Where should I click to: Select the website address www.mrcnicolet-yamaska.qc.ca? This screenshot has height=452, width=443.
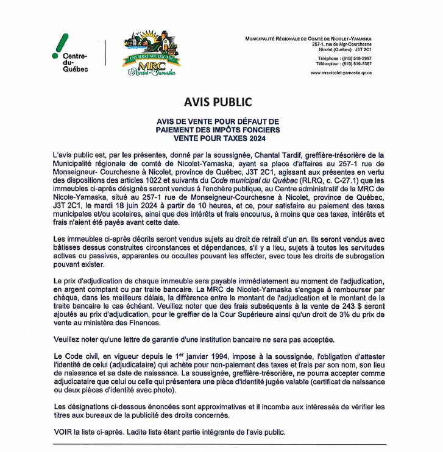click(341, 72)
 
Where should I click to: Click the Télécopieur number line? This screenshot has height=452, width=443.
click(343, 63)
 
